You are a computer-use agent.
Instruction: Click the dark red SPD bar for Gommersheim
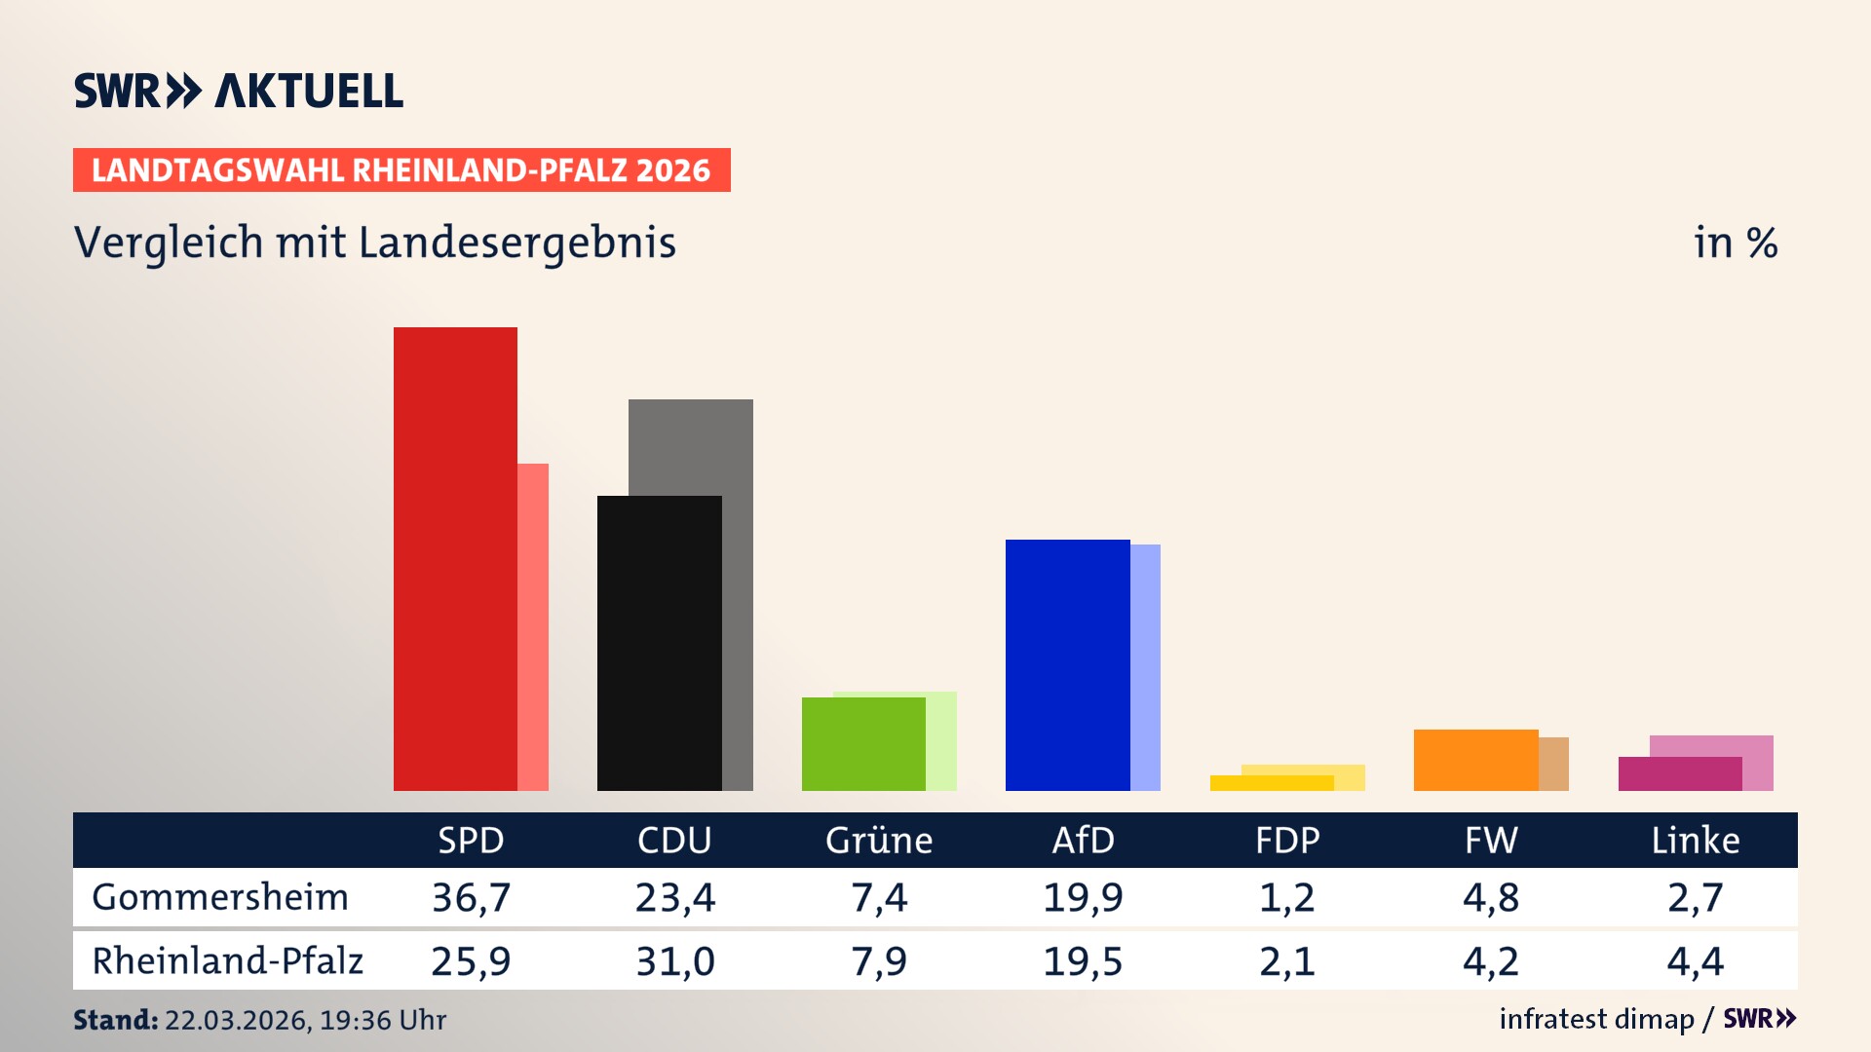click(455, 559)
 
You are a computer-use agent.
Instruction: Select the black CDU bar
click(659, 643)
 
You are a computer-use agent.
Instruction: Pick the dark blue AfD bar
click(1067, 664)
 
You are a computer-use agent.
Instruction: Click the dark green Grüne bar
click(863, 743)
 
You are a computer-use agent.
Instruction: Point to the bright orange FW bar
click(1475, 760)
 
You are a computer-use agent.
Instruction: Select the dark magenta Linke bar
click(1679, 773)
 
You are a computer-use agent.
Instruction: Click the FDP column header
click(1287, 840)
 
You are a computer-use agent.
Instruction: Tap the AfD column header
click(1083, 840)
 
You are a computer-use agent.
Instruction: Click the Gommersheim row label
click(220, 897)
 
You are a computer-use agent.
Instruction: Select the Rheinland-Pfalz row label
click(227, 960)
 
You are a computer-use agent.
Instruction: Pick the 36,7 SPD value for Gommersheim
click(471, 897)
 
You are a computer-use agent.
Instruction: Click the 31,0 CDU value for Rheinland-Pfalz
click(674, 961)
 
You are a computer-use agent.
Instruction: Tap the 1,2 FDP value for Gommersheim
click(1286, 897)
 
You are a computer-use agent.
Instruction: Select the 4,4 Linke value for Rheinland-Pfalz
click(1695, 961)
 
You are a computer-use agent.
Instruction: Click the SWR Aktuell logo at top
click(239, 91)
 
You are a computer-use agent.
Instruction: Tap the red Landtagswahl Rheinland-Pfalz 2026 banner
click(401, 170)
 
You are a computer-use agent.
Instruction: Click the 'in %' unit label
click(1735, 243)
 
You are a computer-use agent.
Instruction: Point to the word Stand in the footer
click(115, 1020)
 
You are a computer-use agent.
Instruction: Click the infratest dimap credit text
click(1596, 1019)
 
